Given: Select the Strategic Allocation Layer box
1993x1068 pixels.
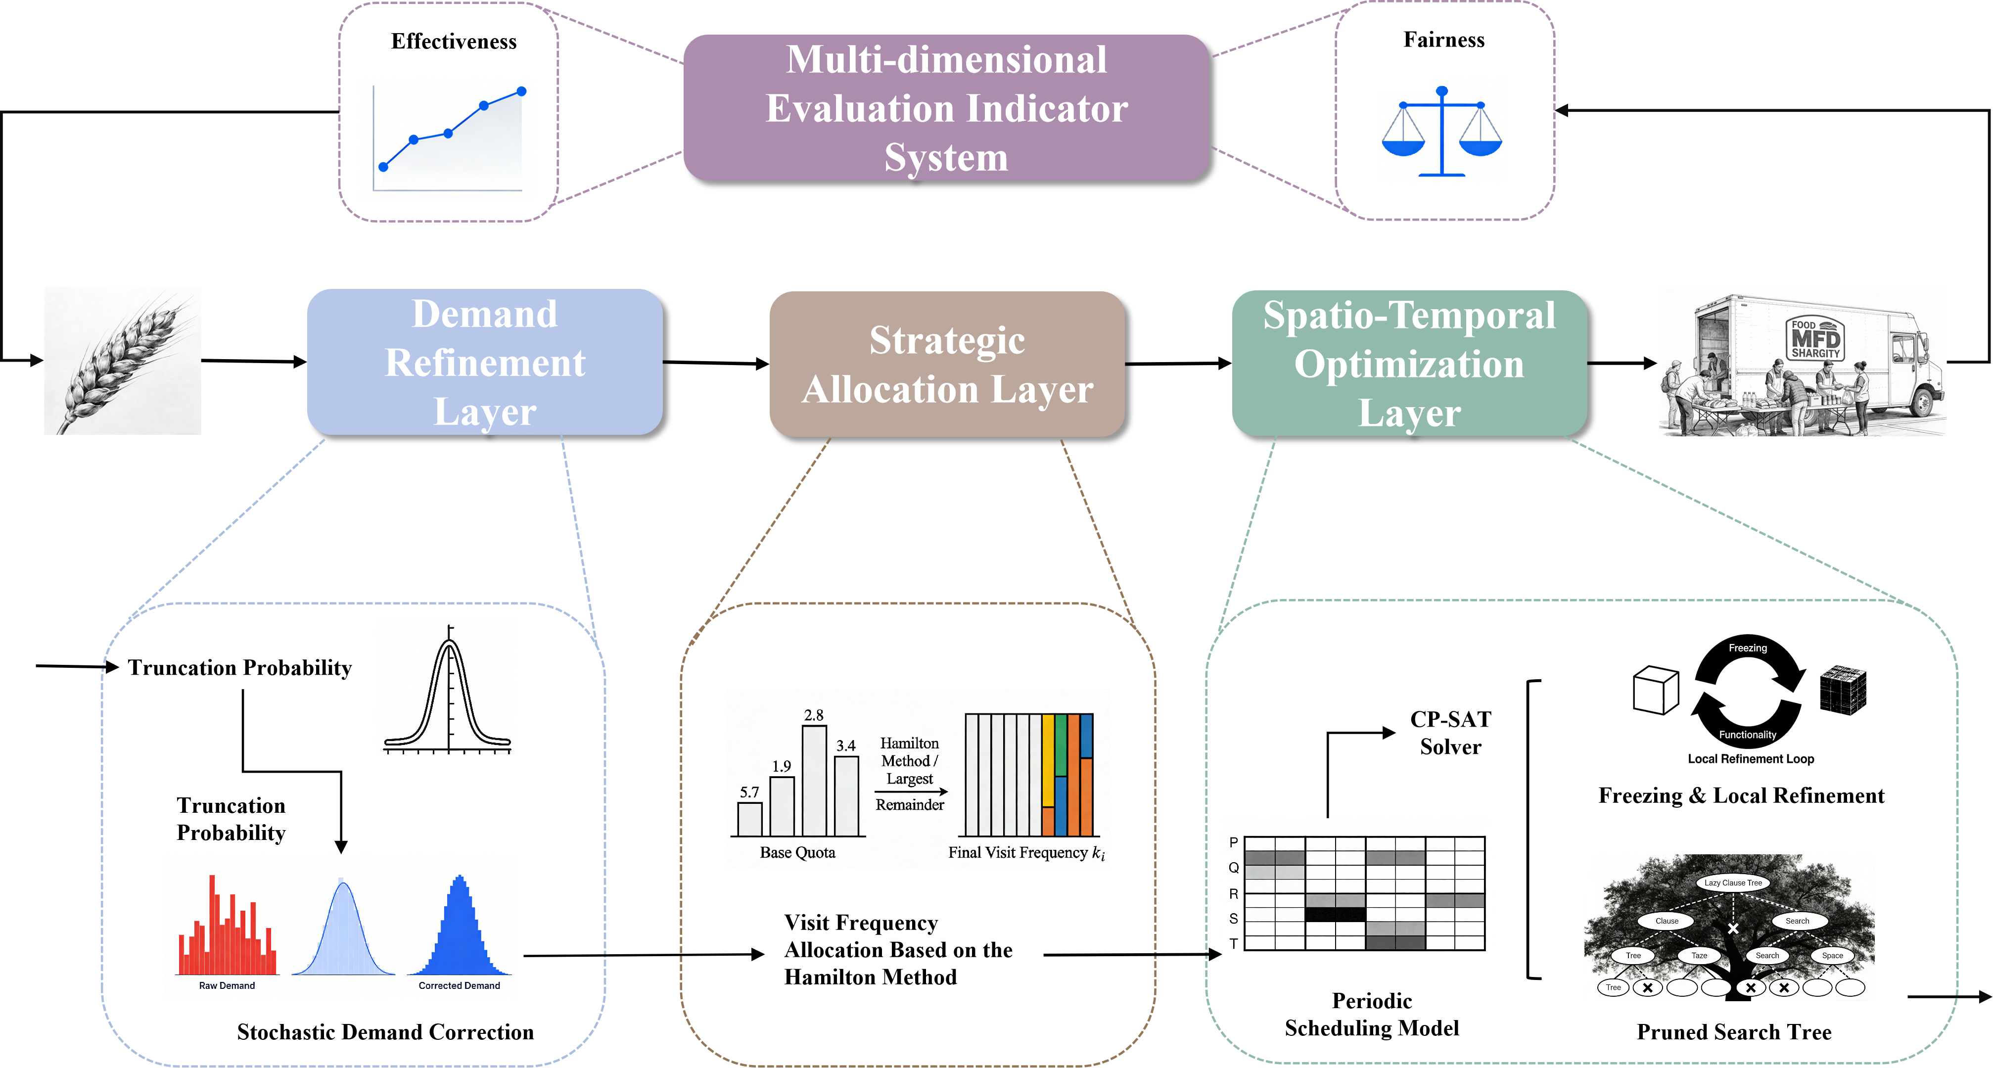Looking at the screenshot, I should (x=946, y=364).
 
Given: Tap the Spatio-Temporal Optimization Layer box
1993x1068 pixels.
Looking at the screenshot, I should (x=1409, y=363).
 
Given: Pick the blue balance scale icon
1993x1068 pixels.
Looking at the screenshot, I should (x=1442, y=131).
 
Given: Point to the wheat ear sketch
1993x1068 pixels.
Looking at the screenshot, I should (x=122, y=361).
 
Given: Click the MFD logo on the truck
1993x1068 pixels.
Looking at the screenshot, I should (x=1815, y=339).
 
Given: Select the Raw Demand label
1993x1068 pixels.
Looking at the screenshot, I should (x=227, y=985).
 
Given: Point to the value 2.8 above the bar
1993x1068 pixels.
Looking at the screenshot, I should (x=813, y=715).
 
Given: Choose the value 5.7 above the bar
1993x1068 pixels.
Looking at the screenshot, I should (x=749, y=791).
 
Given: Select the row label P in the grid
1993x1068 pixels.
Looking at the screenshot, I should (x=1233, y=842).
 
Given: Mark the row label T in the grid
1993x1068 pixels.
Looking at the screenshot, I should (x=1233, y=943).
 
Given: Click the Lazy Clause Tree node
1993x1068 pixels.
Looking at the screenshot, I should (x=1733, y=882).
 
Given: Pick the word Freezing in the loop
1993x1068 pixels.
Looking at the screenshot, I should (x=1748, y=648).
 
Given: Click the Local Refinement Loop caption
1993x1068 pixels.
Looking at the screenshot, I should (x=1751, y=758).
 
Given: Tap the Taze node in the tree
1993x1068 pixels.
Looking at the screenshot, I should (x=1699, y=955).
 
